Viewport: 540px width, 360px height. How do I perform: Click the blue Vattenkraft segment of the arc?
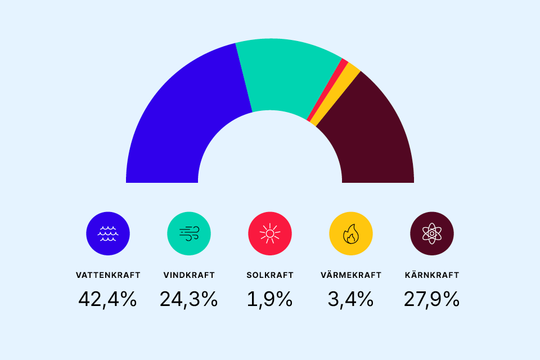coord(180,124)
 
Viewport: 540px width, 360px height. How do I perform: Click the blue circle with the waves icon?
coord(108,233)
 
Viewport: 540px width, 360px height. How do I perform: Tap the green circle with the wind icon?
coord(189,233)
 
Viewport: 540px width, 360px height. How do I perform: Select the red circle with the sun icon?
coord(270,233)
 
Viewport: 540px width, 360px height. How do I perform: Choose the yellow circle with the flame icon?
coord(351,233)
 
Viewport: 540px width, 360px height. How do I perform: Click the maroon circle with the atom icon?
coord(432,233)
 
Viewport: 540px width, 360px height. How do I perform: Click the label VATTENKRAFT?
coord(108,275)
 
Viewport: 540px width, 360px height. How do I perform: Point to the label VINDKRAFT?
coord(189,275)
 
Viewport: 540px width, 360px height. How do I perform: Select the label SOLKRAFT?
coord(270,275)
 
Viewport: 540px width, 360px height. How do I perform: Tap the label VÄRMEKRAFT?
coord(351,275)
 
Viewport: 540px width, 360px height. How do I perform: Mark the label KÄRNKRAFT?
coord(432,275)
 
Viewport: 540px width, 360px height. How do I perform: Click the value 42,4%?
coord(108,299)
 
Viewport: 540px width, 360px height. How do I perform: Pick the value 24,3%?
coord(189,299)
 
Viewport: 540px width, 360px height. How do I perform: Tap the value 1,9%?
coord(270,299)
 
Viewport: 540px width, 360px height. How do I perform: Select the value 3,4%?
coord(351,299)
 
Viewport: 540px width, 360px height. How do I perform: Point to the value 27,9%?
coord(432,299)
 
